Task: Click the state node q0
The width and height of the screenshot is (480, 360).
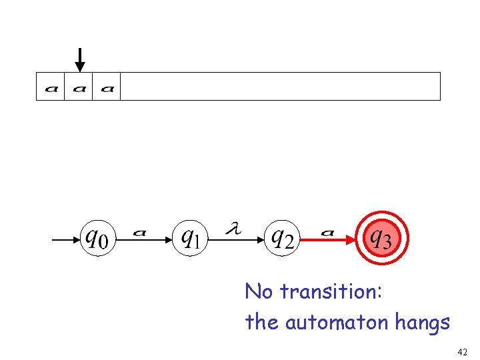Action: (x=98, y=237)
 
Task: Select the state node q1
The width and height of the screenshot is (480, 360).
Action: (x=191, y=237)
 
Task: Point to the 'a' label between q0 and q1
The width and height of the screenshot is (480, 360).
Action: (x=139, y=233)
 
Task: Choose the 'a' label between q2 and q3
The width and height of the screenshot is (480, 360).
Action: (x=327, y=233)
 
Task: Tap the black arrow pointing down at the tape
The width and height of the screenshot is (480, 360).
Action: (x=80, y=59)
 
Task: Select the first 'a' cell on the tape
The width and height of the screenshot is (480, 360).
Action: (x=51, y=87)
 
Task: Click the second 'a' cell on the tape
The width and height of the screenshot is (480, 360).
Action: (x=79, y=87)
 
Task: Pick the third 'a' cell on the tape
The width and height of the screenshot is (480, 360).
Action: (x=107, y=87)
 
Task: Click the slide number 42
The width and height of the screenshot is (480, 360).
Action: (x=463, y=351)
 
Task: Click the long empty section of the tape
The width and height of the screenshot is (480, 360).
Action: (x=280, y=87)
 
